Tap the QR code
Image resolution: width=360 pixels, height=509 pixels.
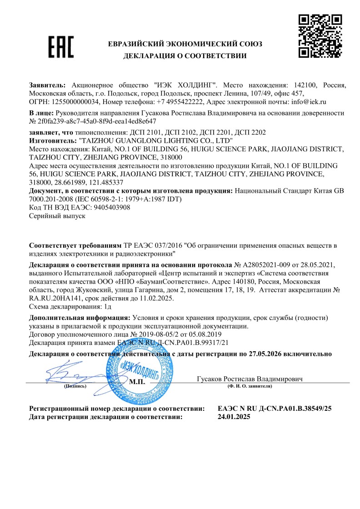[x=320, y=36]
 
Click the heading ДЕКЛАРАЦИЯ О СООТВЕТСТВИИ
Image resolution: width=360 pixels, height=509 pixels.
[x=185, y=56]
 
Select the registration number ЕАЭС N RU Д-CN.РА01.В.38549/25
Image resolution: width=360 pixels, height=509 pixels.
[x=275, y=408]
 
